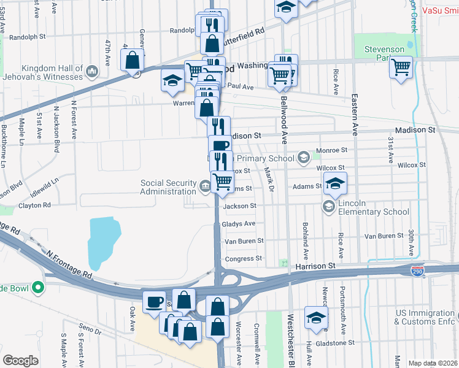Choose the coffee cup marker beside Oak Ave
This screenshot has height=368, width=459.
(x=155, y=301)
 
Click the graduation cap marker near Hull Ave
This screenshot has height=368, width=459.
(x=317, y=317)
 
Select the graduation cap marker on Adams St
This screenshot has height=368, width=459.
(x=335, y=183)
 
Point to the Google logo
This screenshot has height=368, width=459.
(x=20, y=361)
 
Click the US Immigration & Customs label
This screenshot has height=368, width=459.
(x=426, y=317)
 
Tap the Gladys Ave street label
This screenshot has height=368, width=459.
(x=238, y=224)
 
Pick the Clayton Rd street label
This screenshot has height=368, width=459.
(x=34, y=205)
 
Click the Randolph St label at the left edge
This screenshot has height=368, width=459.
(x=26, y=37)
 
